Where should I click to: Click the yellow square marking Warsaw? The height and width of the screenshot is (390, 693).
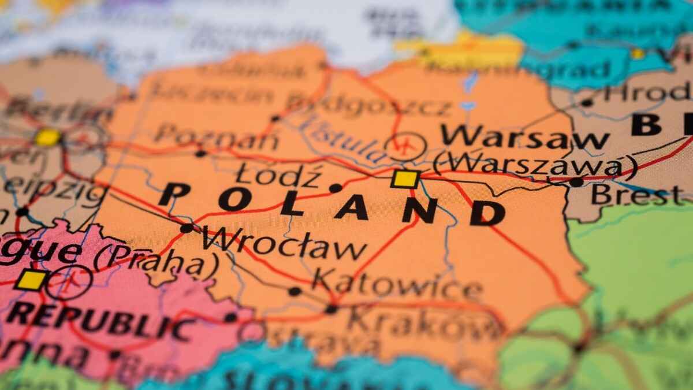coord(405,179)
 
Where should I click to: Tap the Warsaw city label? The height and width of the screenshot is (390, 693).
coord(524,137)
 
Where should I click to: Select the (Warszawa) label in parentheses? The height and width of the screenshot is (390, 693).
coord(535,165)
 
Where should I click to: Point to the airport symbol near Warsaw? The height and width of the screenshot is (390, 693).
coord(405,146)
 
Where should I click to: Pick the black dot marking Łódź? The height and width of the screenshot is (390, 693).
coord(336,188)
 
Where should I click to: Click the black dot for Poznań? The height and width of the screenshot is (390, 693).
coord(200,153)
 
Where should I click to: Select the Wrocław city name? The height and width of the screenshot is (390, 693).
coord(284,245)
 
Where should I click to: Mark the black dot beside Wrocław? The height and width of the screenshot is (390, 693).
coord(186,228)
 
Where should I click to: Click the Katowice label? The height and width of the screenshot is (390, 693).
coord(397,285)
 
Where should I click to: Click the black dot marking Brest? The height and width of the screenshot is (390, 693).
coord(576,182)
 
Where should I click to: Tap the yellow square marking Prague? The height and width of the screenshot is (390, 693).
coord(31,280)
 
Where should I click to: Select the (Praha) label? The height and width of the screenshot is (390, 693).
coord(157,261)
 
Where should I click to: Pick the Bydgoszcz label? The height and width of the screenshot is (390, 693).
coord(370,105)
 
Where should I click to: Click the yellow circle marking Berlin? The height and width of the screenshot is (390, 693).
coord(47,138)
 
